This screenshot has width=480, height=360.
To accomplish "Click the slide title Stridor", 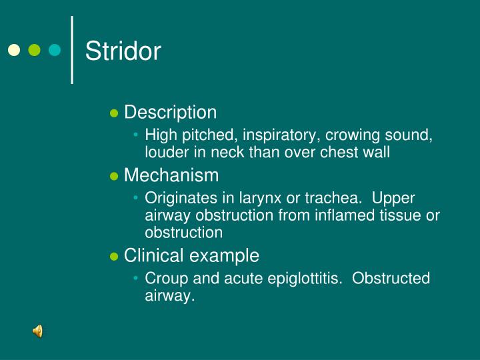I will [123, 51].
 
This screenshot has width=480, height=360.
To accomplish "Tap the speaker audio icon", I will [38, 331].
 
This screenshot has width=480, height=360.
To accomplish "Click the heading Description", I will [170, 113].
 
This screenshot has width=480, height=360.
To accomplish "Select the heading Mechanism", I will [171, 175].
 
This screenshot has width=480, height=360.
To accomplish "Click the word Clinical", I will [155, 255].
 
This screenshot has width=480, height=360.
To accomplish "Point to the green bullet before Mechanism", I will [113, 176].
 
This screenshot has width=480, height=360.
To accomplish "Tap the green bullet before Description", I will [113, 113].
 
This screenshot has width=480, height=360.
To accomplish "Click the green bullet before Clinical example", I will [113, 256].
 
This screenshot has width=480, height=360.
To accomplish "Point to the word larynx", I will [267, 199].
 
